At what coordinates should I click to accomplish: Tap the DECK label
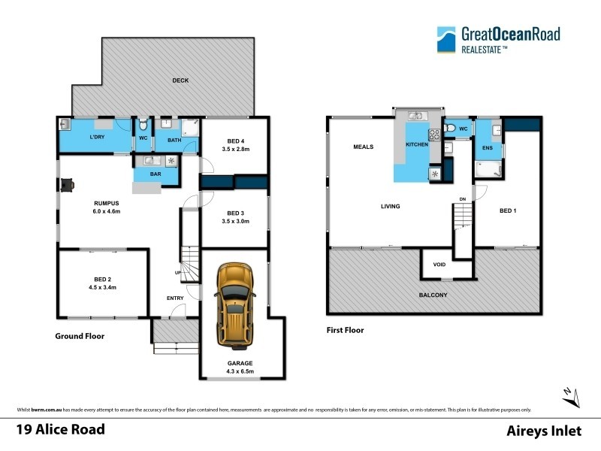[180, 80]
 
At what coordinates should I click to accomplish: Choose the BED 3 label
[236, 213]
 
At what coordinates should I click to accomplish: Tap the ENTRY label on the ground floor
[175, 298]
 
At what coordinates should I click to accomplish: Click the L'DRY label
[97, 137]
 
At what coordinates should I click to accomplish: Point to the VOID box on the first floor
[439, 265]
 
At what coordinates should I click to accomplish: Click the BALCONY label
[433, 295]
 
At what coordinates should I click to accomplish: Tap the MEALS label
[364, 147]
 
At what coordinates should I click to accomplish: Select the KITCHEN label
[416, 144]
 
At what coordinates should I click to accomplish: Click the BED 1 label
[508, 210]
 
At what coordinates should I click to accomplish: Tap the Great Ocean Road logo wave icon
[448, 38]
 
